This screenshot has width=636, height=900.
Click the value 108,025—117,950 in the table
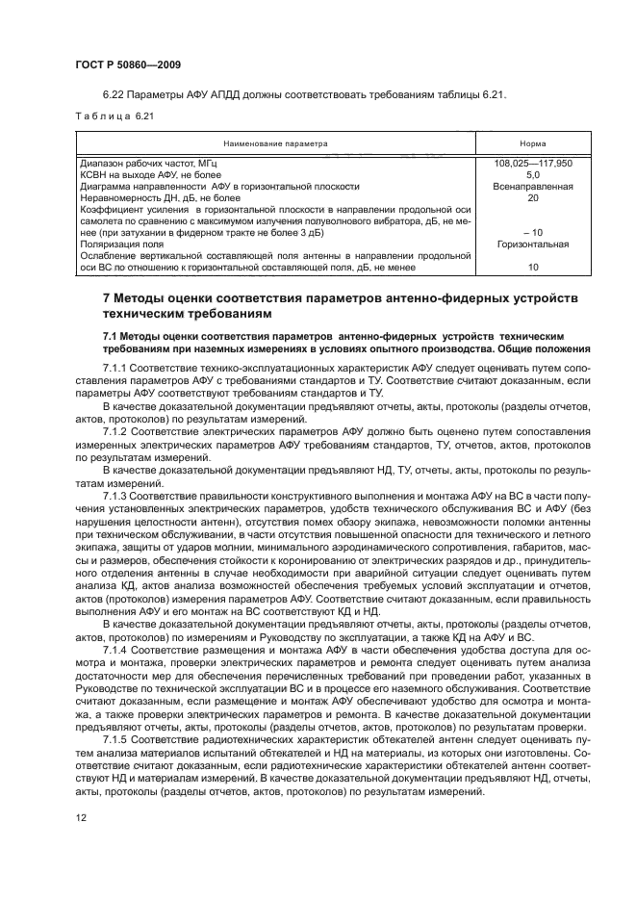coord(532,164)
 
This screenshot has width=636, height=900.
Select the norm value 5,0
coord(532,175)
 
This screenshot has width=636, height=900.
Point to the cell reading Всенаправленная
coord(532,187)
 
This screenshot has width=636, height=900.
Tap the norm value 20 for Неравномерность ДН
coord(532,198)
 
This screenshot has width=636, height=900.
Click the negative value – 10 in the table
coord(532,233)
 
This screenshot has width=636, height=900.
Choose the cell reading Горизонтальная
coord(532,244)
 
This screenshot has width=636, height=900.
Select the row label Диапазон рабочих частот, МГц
coord(141,164)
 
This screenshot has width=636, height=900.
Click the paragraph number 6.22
coord(113,94)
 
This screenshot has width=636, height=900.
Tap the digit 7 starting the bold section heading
coord(107,298)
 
